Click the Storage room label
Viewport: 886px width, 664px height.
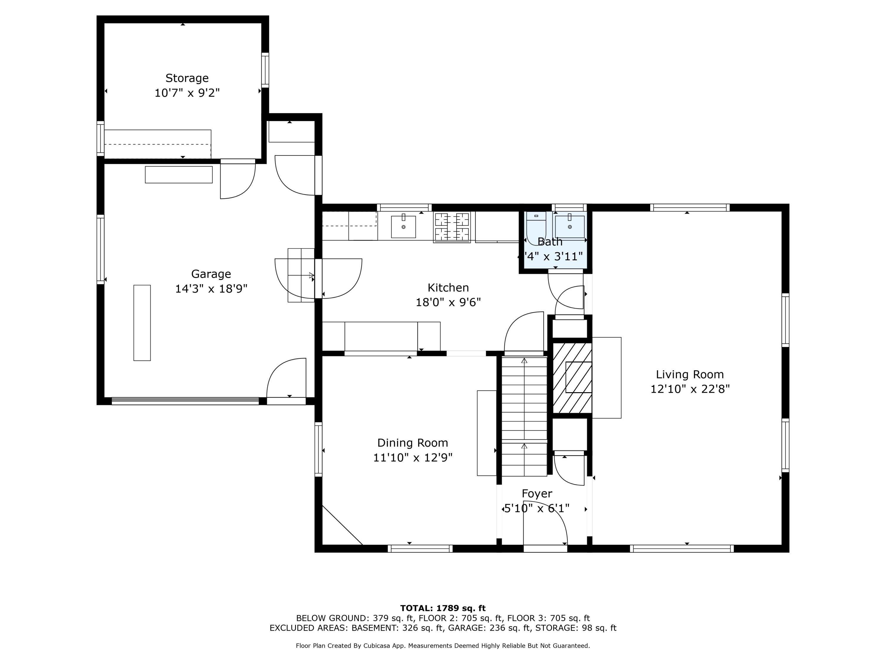pyautogui.click(x=187, y=78)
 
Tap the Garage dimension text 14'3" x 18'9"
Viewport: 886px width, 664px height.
pyautogui.click(x=211, y=289)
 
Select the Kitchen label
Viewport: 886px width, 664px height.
pyautogui.click(x=448, y=288)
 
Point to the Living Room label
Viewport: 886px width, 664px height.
pyautogui.click(x=690, y=374)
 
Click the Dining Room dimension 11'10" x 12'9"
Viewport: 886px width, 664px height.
pyautogui.click(x=413, y=457)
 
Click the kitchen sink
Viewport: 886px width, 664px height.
pyautogui.click(x=403, y=227)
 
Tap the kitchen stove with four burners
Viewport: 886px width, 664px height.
pyautogui.click(x=452, y=227)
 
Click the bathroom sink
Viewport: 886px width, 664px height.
pyautogui.click(x=570, y=227)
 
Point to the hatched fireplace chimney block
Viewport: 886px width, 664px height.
pyautogui.click(x=572, y=377)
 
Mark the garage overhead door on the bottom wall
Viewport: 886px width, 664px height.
pyautogui.click(x=185, y=401)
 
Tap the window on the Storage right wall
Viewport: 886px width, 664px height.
pyautogui.click(x=265, y=70)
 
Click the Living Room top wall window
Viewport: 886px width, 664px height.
pyautogui.click(x=689, y=207)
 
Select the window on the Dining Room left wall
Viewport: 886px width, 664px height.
pyautogui.click(x=318, y=449)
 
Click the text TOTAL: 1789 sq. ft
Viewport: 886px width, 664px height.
pyautogui.click(x=443, y=608)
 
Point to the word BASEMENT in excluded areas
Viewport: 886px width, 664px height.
pyautogui.click(x=374, y=628)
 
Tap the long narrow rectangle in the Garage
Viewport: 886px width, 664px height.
pyautogui.click(x=142, y=323)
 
